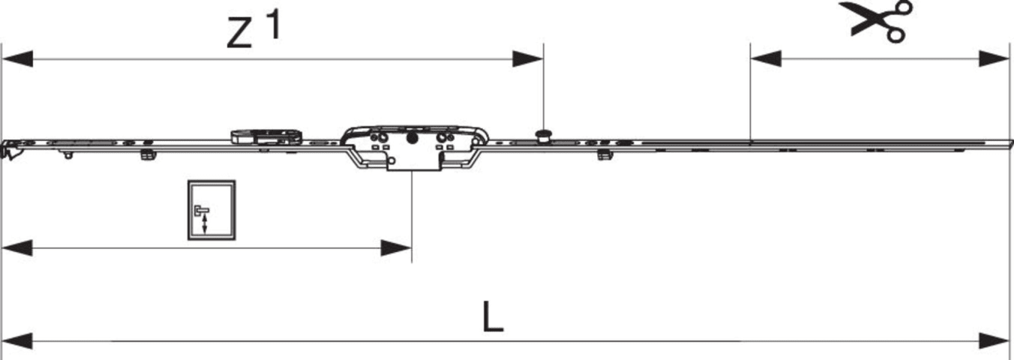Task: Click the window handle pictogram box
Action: click(211, 210)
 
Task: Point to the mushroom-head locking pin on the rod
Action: click(543, 136)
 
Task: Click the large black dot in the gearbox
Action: click(412, 139)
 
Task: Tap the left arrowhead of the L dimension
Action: click(17, 341)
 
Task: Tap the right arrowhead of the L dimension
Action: click(994, 341)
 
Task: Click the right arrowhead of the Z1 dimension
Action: click(528, 58)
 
